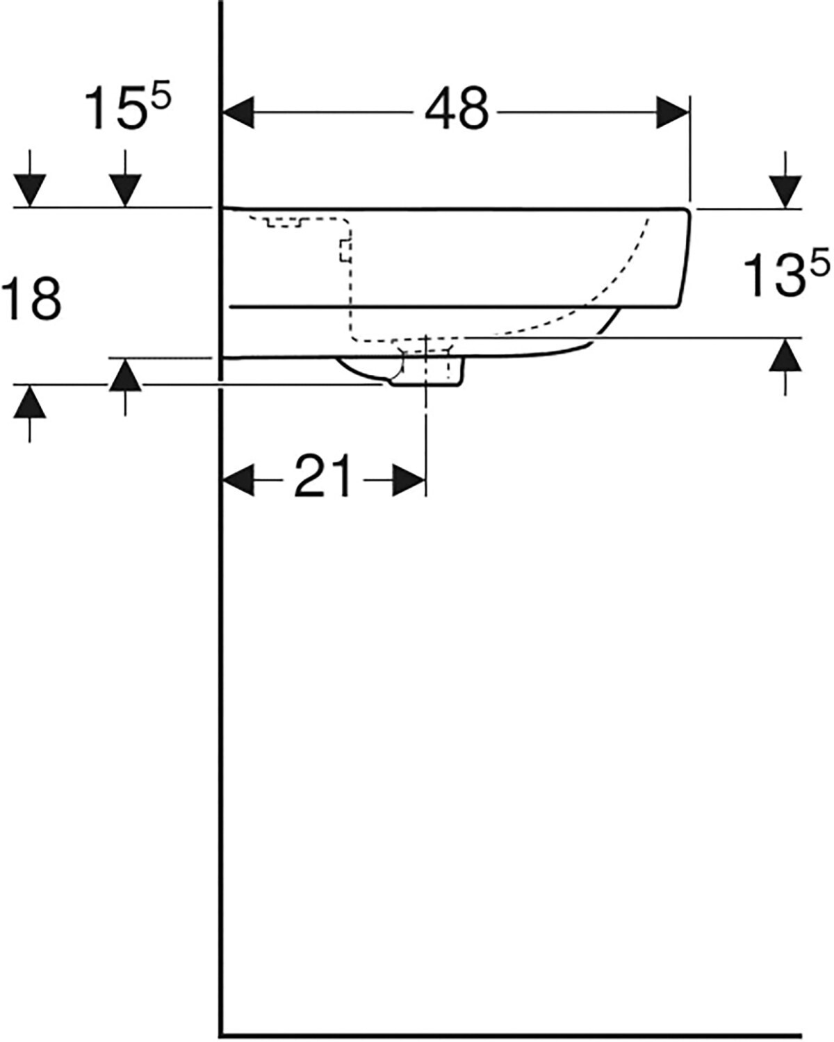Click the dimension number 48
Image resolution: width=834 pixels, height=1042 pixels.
coord(457,110)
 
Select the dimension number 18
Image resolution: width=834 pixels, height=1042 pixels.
coord(32,299)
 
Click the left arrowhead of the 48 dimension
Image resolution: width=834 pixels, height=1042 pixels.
coord(238,113)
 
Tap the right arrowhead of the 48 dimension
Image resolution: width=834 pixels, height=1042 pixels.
coord(673,113)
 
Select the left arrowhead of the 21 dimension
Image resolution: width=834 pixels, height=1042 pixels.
coord(238,480)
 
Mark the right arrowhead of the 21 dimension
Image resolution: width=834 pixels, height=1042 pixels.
coord(409,480)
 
